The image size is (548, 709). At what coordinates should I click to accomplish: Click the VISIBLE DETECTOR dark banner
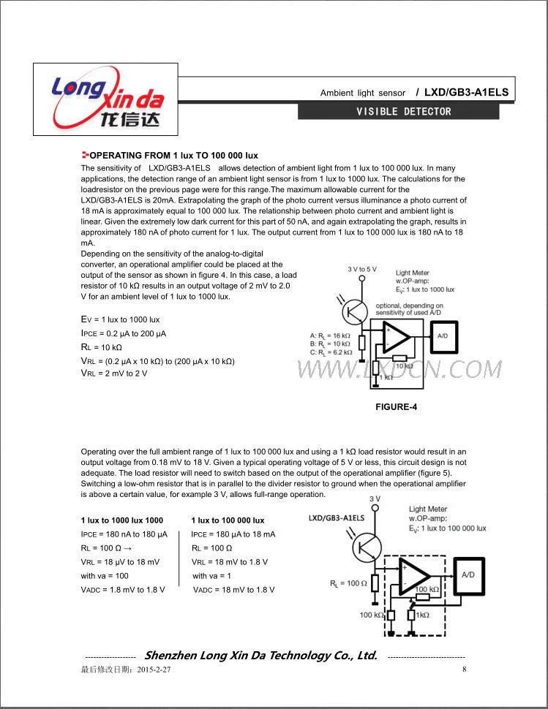(398, 112)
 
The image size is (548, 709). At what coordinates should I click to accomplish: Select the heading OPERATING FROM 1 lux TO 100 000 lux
(173, 156)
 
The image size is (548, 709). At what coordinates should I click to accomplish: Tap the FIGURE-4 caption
(396, 406)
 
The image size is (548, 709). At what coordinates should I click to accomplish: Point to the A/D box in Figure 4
(442, 336)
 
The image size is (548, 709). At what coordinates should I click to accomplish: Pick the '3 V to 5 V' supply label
(362, 269)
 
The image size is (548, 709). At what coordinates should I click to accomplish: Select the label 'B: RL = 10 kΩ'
(331, 344)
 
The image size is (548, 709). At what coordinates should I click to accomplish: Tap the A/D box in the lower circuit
(467, 575)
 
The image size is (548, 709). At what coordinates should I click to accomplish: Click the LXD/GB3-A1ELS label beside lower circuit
(337, 517)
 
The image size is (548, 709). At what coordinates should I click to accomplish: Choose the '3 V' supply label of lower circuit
(375, 498)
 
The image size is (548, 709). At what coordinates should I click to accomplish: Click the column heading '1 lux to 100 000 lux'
(228, 520)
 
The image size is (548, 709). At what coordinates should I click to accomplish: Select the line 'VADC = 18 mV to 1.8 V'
(233, 590)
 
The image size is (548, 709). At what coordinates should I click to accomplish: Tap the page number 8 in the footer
(464, 670)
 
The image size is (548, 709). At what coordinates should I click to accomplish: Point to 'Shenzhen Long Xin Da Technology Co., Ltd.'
(261, 656)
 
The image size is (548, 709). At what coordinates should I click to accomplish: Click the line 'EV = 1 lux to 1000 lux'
(120, 320)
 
